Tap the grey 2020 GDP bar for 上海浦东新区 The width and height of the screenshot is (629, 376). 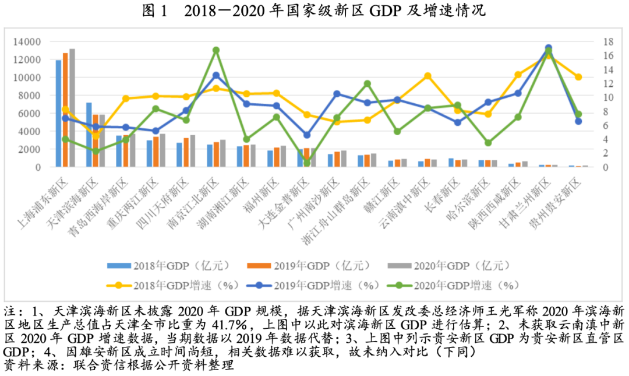pos(72,108)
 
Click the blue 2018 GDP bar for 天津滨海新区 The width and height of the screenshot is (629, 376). pos(89,135)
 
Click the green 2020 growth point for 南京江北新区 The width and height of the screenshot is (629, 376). pos(216,50)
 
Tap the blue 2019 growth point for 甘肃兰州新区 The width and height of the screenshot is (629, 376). pos(549,48)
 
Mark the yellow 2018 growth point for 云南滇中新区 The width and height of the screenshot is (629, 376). pos(427,76)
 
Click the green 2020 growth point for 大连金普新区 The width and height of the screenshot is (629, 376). pos(307,162)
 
